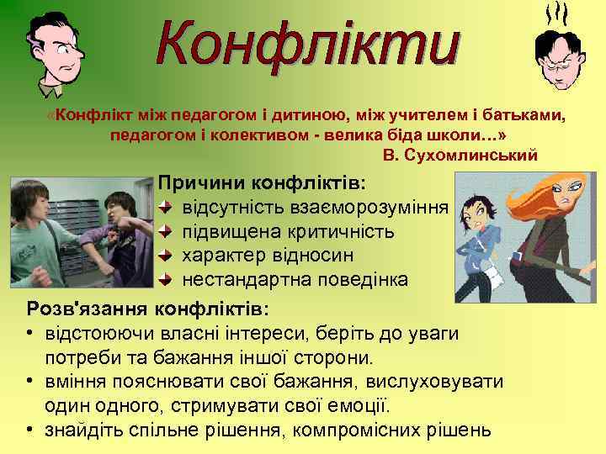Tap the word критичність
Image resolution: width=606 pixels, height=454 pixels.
[x=346, y=231]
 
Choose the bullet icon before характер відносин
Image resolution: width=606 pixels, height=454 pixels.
[x=166, y=255]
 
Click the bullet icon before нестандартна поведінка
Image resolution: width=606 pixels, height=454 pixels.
[x=166, y=279]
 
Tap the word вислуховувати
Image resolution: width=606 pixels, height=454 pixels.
[x=439, y=383]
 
